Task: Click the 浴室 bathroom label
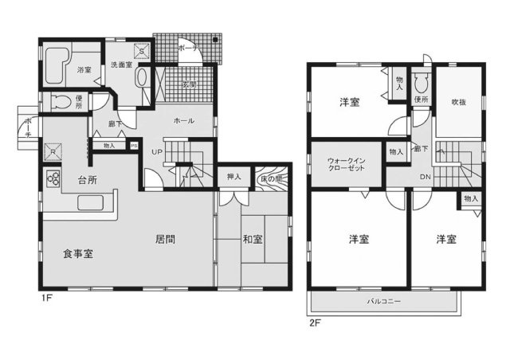(84, 71)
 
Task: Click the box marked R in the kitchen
(52, 151)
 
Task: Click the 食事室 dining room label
(79, 253)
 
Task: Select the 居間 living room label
(166, 237)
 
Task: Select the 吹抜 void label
(457, 102)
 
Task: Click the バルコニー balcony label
(383, 303)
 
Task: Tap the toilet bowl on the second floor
(422, 82)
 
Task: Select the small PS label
(134, 146)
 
